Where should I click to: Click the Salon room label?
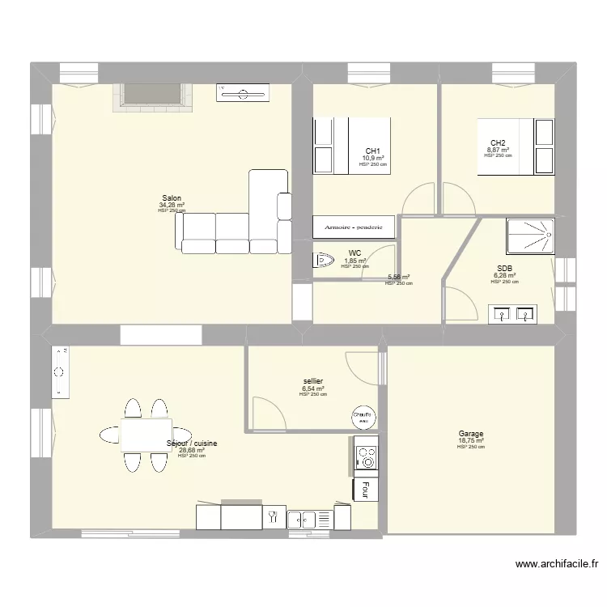(172, 198)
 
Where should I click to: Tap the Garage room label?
(470, 434)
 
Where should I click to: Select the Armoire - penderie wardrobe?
(354, 227)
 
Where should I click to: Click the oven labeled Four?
(365, 490)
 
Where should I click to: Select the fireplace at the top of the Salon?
(152, 96)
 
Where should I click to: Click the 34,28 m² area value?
(172, 206)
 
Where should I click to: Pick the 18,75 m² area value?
(470, 441)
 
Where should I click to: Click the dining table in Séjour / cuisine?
(146, 434)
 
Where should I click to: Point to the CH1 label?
(372, 151)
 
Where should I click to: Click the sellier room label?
(312, 381)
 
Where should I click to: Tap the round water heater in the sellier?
(362, 417)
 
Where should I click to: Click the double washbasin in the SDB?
(513, 313)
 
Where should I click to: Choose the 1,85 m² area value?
(355, 261)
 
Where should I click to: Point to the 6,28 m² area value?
(504, 275)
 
